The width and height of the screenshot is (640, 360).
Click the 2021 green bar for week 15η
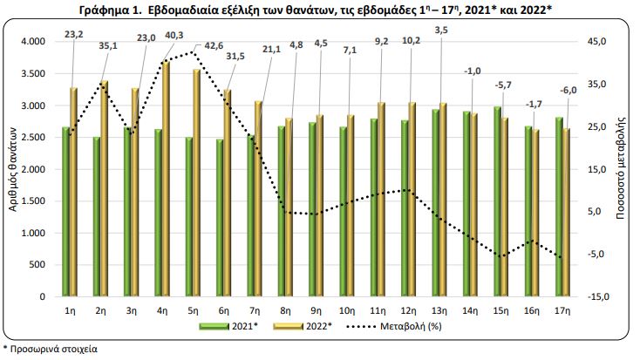(x=497, y=201)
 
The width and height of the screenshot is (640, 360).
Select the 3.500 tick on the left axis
(x=33, y=74)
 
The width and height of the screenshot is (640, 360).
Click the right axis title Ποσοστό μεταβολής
(x=621, y=167)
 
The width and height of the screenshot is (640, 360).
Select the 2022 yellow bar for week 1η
(x=74, y=192)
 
